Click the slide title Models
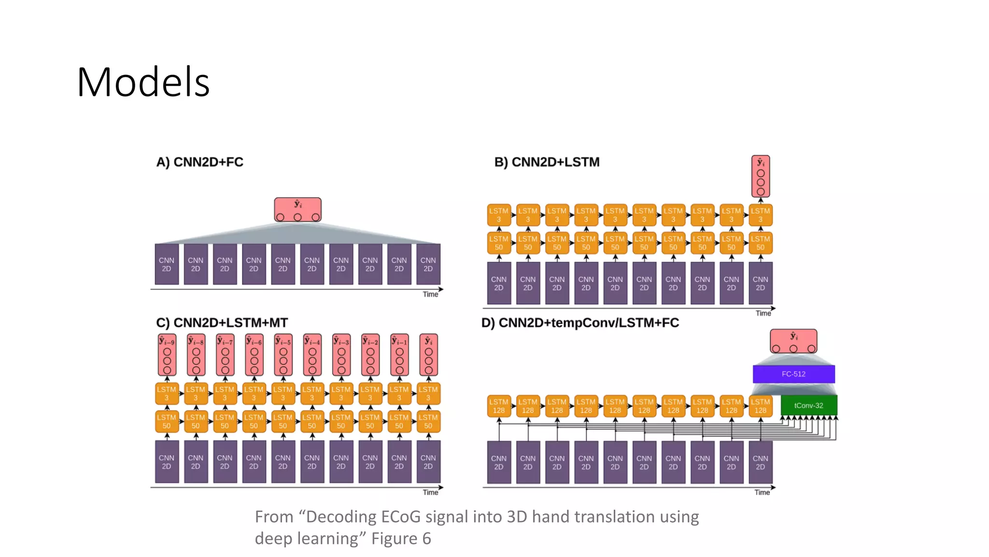point(143,82)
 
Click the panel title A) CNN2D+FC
point(199,162)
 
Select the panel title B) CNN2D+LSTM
point(547,162)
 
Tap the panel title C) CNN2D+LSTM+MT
point(222,322)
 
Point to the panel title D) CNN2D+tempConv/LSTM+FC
point(580,322)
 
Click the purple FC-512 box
point(793,374)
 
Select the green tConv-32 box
point(808,405)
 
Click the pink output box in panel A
point(297,209)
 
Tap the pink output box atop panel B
point(761,176)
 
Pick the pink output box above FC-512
point(793,341)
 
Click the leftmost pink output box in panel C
point(167,354)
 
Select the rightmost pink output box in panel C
point(428,354)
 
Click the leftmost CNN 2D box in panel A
point(167,264)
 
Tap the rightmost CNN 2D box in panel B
point(760,283)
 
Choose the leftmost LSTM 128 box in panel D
point(499,406)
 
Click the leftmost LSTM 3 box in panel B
point(499,215)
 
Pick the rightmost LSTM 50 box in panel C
point(428,421)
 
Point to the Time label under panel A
point(430,294)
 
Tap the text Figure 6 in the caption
point(401,539)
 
